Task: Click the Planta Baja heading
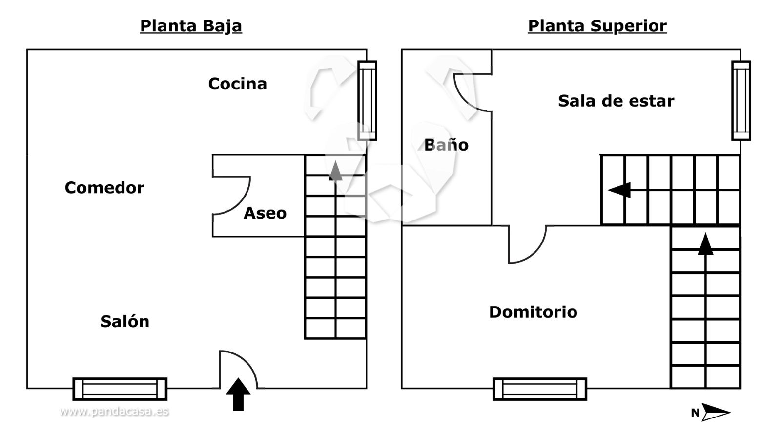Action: pyautogui.click(x=191, y=26)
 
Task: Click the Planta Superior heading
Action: pyautogui.click(x=597, y=26)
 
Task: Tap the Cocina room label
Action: pyautogui.click(x=237, y=84)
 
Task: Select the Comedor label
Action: pyautogui.click(x=104, y=188)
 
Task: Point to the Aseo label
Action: pyautogui.click(x=265, y=213)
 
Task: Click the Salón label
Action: pyautogui.click(x=124, y=321)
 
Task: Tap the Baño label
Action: pyautogui.click(x=446, y=145)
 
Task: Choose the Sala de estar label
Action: pyautogui.click(x=616, y=101)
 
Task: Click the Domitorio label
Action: pyautogui.click(x=533, y=312)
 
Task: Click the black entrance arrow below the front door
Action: pyautogui.click(x=238, y=394)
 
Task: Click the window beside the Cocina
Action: pyautogui.click(x=367, y=100)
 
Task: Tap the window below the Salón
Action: pyautogui.click(x=120, y=389)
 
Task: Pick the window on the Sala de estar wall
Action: pyautogui.click(x=740, y=100)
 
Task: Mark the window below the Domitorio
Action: pyautogui.click(x=539, y=389)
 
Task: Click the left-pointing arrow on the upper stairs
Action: pyautogui.click(x=619, y=190)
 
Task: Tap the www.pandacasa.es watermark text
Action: pyautogui.click(x=114, y=411)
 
